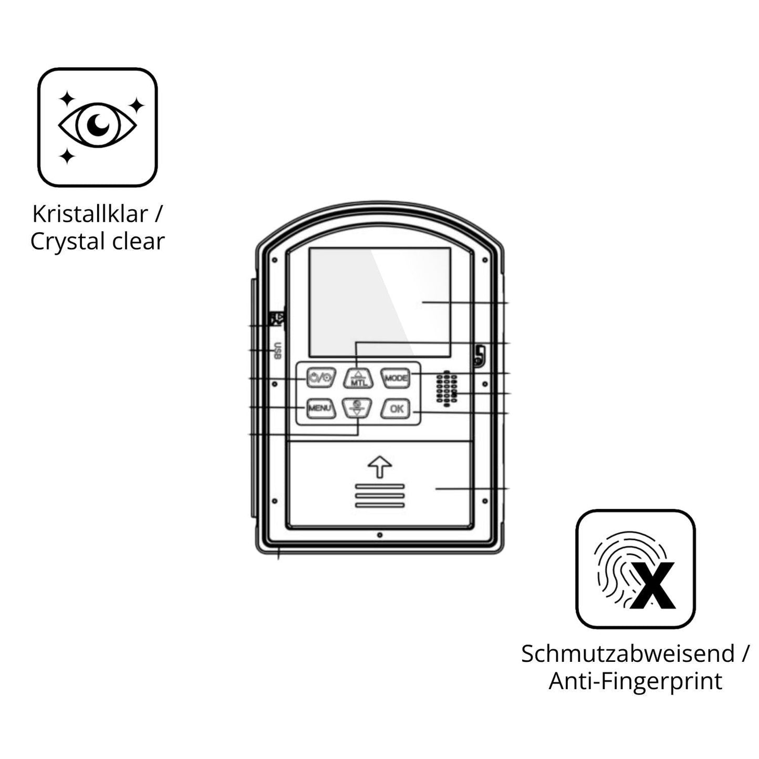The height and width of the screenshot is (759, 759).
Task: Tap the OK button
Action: (x=396, y=409)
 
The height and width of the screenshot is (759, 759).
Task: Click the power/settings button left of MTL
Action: (x=321, y=378)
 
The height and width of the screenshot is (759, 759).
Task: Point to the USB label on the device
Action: (x=278, y=350)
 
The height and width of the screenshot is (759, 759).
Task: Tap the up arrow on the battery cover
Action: (x=379, y=467)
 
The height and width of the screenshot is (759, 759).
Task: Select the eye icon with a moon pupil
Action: (x=97, y=124)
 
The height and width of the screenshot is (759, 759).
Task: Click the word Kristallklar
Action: (x=90, y=214)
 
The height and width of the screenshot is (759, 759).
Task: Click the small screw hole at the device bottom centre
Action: (x=379, y=535)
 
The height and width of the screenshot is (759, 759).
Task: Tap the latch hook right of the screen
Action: (x=479, y=355)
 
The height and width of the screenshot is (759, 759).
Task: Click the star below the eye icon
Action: (x=67, y=157)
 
